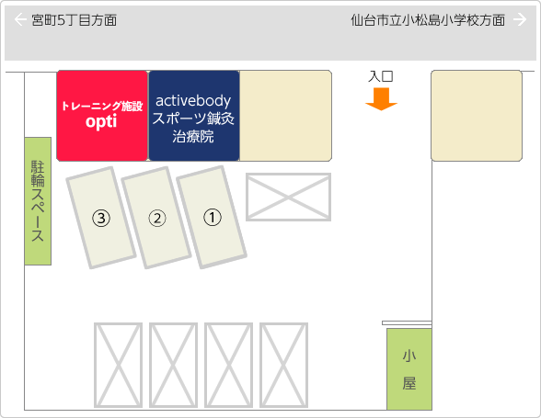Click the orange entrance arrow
pos(381,99)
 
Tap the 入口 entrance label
pos(381,76)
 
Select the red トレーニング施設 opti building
pos(102,116)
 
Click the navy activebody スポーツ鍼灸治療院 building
pos(193,116)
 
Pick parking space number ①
pos(212,217)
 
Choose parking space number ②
pos(156,218)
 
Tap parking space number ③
pos(101,218)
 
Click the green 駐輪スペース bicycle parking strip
pos(38,201)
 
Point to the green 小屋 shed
pos(409,369)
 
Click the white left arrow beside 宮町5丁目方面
pos(20,19)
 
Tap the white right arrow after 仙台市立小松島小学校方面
pos(520,19)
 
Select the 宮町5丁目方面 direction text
pos(75,20)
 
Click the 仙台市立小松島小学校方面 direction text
pos(428,20)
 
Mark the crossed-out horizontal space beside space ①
pos(289,197)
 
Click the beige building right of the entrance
pos(477,116)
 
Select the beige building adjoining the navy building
pos(285,116)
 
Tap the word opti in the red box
pos(101,121)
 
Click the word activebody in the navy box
pos(193,101)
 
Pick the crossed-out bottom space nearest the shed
pos(283,366)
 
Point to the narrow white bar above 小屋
pos(407,322)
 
